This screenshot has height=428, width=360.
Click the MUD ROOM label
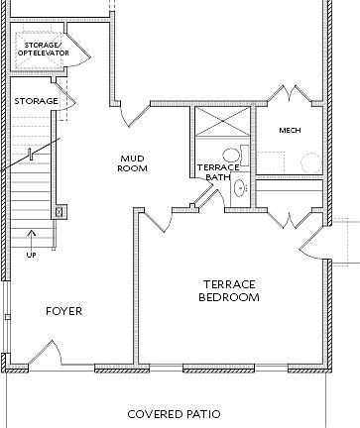pyautogui.click(x=134, y=163)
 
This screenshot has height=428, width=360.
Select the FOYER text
pyautogui.click(x=63, y=311)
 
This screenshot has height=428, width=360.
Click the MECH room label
pyautogui.click(x=290, y=130)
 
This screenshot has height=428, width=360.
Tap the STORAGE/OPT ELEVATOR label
pyautogui.click(x=42, y=48)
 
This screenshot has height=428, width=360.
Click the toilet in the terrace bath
pyautogui.click(x=233, y=155)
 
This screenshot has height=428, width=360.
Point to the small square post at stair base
pyautogui.click(x=60, y=210)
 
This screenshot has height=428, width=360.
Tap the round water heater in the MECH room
pyautogui.click(x=310, y=161)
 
